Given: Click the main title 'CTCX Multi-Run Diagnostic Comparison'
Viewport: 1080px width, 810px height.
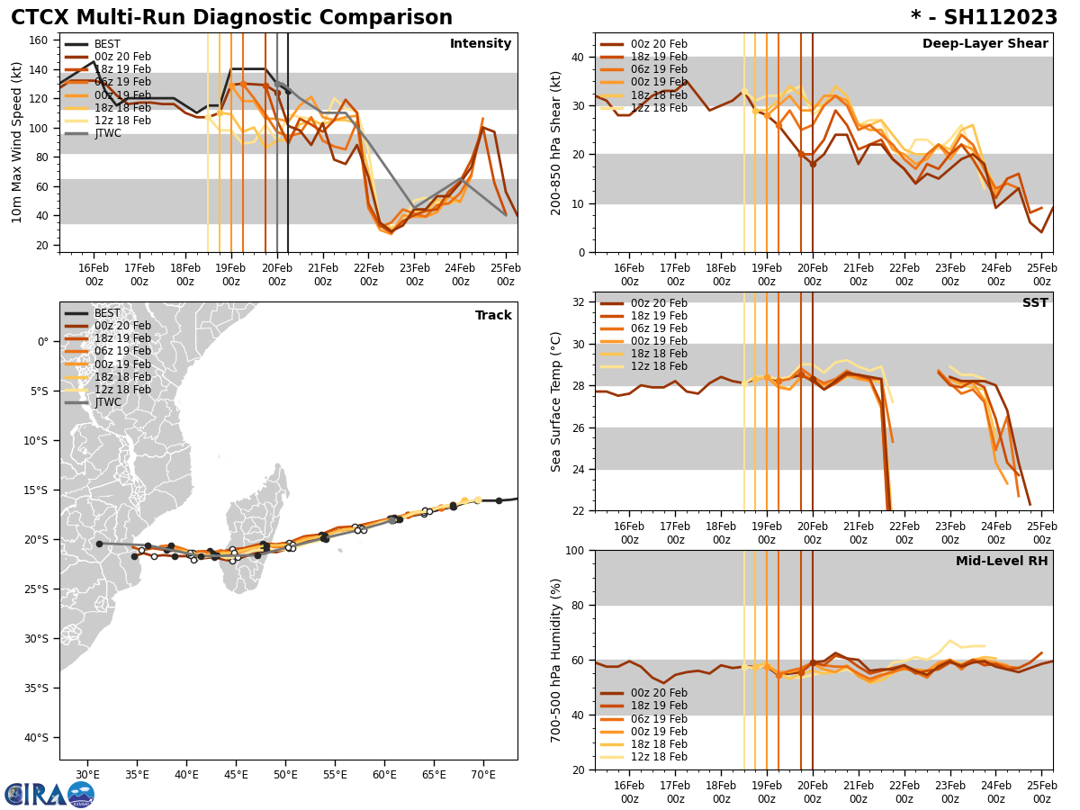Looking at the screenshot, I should pyautogui.click(x=231, y=18).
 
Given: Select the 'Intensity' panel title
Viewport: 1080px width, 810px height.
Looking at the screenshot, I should pyautogui.click(x=481, y=44).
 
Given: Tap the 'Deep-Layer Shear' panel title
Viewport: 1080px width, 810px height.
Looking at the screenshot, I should pyautogui.click(x=985, y=44).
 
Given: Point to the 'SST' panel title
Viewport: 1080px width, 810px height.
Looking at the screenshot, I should pyautogui.click(x=1034, y=303).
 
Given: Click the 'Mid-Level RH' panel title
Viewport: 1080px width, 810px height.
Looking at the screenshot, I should pyautogui.click(x=1002, y=562).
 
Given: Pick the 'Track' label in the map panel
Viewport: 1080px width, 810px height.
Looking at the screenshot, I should pyautogui.click(x=493, y=316).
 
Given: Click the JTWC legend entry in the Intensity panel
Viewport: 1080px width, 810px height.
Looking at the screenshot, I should pyautogui.click(x=108, y=133).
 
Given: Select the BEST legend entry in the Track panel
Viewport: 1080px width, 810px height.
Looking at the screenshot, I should pyautogui.click(x=107, y=314).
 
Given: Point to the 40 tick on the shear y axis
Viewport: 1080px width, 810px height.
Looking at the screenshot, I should pyautogui.click(x=576, y=58).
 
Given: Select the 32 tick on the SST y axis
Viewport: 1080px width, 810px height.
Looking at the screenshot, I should pyautogui.click(x=576, y=302).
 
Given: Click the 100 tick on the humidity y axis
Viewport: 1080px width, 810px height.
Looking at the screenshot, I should pyautogui.click(x=572, y=550).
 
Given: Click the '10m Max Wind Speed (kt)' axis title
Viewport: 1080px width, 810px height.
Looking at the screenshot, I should pyautogui.click(x=17, y=142).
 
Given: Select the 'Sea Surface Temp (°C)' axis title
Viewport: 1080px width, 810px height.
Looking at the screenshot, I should pyautogui.click(x=557, y=401).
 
